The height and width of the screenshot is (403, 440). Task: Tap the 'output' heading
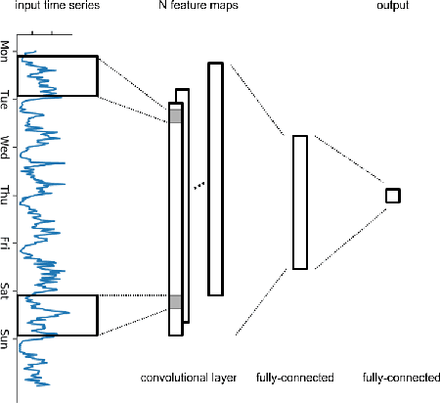click(x=392, y=7)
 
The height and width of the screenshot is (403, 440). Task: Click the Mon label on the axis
click(x=6, y=49)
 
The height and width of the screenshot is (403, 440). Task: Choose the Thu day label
click(x=6, y=193)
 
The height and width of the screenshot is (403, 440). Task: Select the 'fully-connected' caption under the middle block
click(x=294, y=377)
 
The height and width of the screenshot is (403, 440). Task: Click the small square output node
click(x=392, y=196)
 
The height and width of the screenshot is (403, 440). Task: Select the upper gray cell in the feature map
click(x=175, y=115)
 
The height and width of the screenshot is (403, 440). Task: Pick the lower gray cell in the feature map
click(x=175, y=302)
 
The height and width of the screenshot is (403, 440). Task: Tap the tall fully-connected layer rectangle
click(x=300, y=201)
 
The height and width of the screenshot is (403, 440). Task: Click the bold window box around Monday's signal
click(x=68, y=75)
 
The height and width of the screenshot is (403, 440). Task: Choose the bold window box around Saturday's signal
click(x=68, y=315)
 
